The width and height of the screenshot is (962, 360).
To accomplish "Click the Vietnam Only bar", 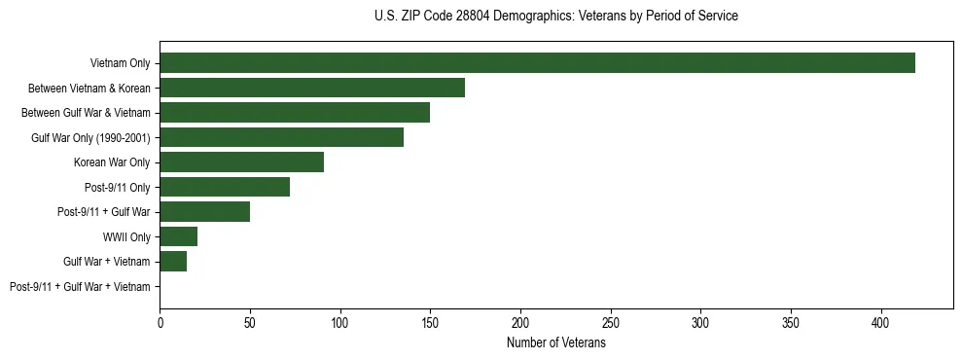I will point(537,63).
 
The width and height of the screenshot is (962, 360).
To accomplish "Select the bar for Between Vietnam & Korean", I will point(312,88).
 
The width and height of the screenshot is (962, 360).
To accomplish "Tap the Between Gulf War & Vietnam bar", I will point(295,113).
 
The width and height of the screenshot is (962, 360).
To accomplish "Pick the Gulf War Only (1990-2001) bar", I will point(281,137).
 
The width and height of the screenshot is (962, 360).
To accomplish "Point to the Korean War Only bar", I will point(241,162).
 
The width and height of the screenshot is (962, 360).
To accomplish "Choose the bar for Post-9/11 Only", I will point(225,187).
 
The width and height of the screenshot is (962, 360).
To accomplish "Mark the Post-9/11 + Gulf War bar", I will point(204,212).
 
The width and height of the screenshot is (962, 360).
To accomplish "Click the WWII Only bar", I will point(179,236).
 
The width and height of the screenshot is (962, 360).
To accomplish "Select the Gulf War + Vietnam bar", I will point(173,262).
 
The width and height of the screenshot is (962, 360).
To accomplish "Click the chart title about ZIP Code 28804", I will point(555,17).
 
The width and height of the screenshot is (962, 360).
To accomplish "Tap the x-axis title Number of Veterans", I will point(555,343).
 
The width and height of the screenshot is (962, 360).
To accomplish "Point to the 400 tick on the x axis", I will point(881,321).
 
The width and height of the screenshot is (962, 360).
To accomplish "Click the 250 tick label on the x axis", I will point(611,321).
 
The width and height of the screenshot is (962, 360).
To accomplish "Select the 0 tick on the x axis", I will point(160,321).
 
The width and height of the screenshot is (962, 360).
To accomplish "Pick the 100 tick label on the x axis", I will point(340,321).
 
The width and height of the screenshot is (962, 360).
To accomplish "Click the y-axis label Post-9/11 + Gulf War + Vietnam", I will point(80,287).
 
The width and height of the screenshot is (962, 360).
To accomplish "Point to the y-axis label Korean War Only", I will point(112,162).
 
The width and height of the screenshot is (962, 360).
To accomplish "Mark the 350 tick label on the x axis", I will point(791,321).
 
